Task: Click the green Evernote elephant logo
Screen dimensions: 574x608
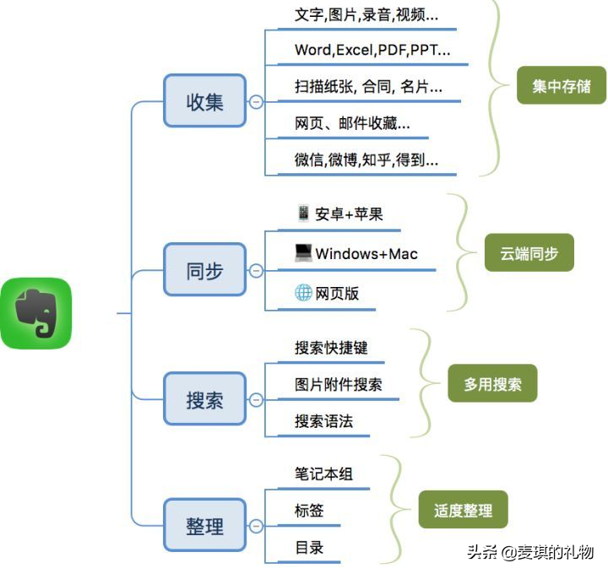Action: tap(36, 313)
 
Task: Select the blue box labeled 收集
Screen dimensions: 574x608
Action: tap(204, 101)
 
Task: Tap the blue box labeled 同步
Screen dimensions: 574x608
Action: tap(204, 271)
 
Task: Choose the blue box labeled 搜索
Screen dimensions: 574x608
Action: tap(204, 399)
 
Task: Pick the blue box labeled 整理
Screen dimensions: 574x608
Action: tap(204, 526)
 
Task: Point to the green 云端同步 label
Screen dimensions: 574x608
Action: tap(529, 252)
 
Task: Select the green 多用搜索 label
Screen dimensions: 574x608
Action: tap(492, 384)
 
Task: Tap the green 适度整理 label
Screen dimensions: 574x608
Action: tap(463, 510)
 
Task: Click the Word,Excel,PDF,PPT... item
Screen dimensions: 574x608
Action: tap(372, 50)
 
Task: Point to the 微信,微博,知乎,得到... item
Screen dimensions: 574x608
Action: tap(366, 160)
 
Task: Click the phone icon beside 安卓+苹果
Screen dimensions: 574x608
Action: tap(303, 213)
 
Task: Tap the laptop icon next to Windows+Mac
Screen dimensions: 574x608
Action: tap(303, 252)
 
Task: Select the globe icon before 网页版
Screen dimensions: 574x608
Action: tap(303, 293)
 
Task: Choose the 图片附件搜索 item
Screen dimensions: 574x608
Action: tap(338, 384)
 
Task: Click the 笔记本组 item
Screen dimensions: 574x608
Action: tap(323, 474)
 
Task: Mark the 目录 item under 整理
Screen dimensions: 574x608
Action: tap(309, 547)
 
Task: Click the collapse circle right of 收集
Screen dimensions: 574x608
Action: tap(256, 102)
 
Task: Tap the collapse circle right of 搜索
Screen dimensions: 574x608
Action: tap(256, 399)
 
